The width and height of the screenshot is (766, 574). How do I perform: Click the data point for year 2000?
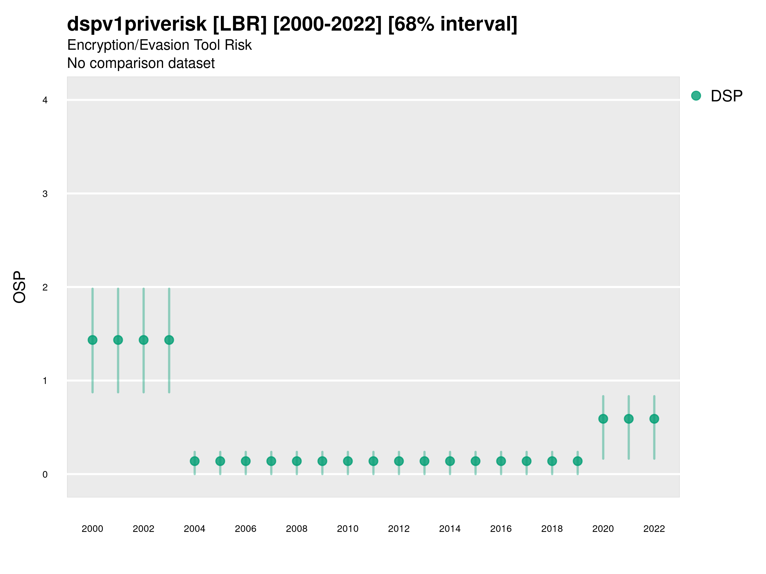click(93, 340)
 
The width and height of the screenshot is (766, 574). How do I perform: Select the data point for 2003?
click(169, 340)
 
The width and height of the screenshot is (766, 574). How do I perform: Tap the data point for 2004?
click(195, 461)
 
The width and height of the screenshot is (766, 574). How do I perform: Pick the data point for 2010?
click(348, 461)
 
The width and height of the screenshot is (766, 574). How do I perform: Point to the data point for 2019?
click(578, 461)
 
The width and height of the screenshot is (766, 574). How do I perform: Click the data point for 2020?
click(603, 419)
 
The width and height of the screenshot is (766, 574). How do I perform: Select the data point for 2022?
click(654, 419)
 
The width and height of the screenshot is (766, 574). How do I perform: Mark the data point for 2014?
click(450, 461)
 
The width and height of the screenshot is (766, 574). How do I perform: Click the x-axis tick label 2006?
click(245, 529)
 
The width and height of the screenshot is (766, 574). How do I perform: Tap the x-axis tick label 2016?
click(501, 529)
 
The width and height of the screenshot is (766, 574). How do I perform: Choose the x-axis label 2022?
click(654, 529)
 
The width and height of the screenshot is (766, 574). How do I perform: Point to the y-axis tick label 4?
click(45, 100)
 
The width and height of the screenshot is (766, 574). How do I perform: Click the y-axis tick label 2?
click(45, 288)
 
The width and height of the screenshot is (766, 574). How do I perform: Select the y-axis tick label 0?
click(45, 475)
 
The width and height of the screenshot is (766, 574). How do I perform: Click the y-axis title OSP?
click(20, 287)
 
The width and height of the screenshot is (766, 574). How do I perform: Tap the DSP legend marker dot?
click(696, 96)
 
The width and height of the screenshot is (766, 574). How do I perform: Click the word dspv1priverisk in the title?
click(137, 24)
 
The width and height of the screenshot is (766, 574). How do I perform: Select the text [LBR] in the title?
click(240, 24)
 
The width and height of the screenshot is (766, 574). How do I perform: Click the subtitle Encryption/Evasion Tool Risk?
click(159, 45)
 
